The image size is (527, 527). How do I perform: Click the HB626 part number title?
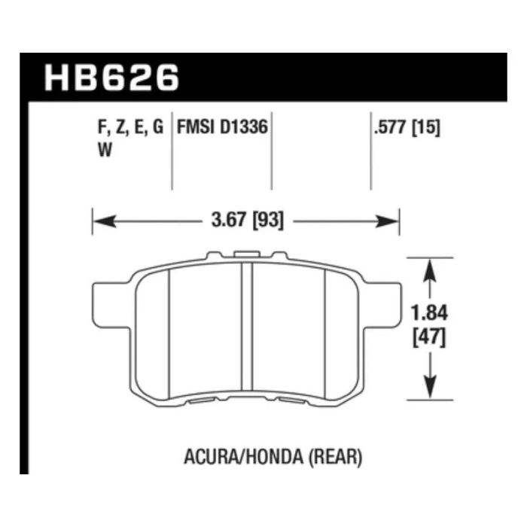point(112,77)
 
